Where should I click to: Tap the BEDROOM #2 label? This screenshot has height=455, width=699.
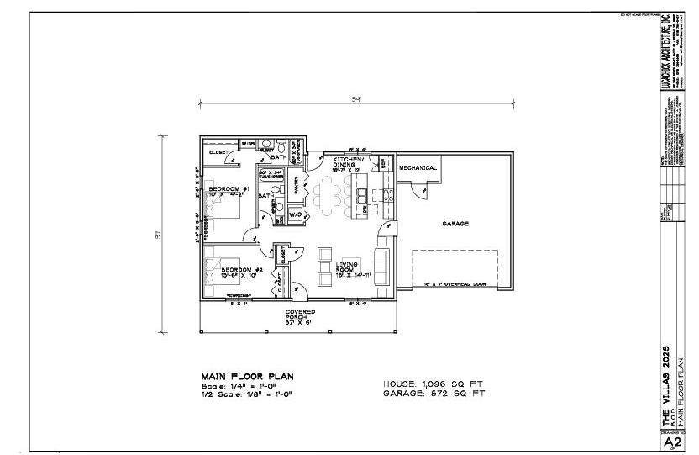(225, 270)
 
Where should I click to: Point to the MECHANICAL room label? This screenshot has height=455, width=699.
(418, 168)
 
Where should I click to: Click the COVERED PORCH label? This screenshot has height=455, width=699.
(299, 315)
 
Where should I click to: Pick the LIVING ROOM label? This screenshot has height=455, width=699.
(348, 268)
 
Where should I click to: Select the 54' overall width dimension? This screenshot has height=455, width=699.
(356, 99)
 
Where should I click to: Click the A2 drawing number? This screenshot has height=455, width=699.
(672, 440)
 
